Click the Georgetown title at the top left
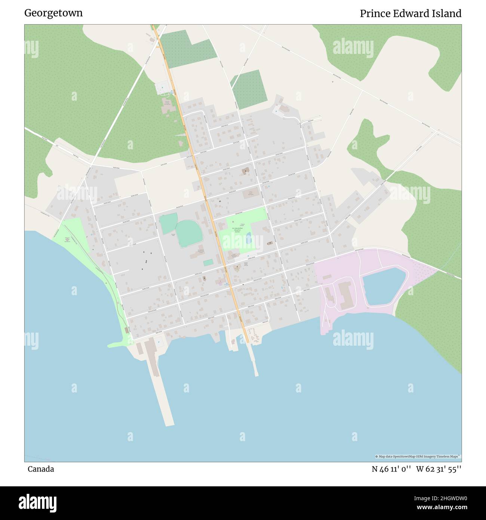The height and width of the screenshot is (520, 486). click(53, 13)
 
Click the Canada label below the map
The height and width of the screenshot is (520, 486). click(41, 469)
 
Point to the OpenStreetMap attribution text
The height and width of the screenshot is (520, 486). click(418, 456)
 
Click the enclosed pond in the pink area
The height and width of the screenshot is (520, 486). click(383, 285)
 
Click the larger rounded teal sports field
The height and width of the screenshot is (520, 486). click(189, 234)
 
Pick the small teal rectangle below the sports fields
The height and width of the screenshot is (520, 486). click(208, 263)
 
